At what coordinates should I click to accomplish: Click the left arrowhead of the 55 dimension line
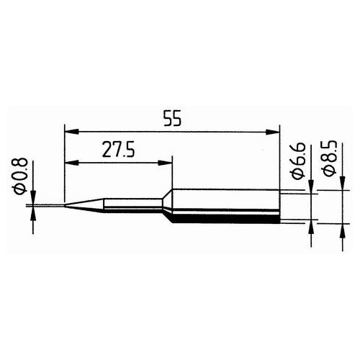click(70, 132)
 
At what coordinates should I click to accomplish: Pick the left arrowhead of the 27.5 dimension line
click(70, 163)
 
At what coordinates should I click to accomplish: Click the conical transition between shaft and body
click(165, 204)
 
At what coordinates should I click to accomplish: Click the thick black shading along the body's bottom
click(223, 217)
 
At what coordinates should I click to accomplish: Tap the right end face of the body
click(279, 205)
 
